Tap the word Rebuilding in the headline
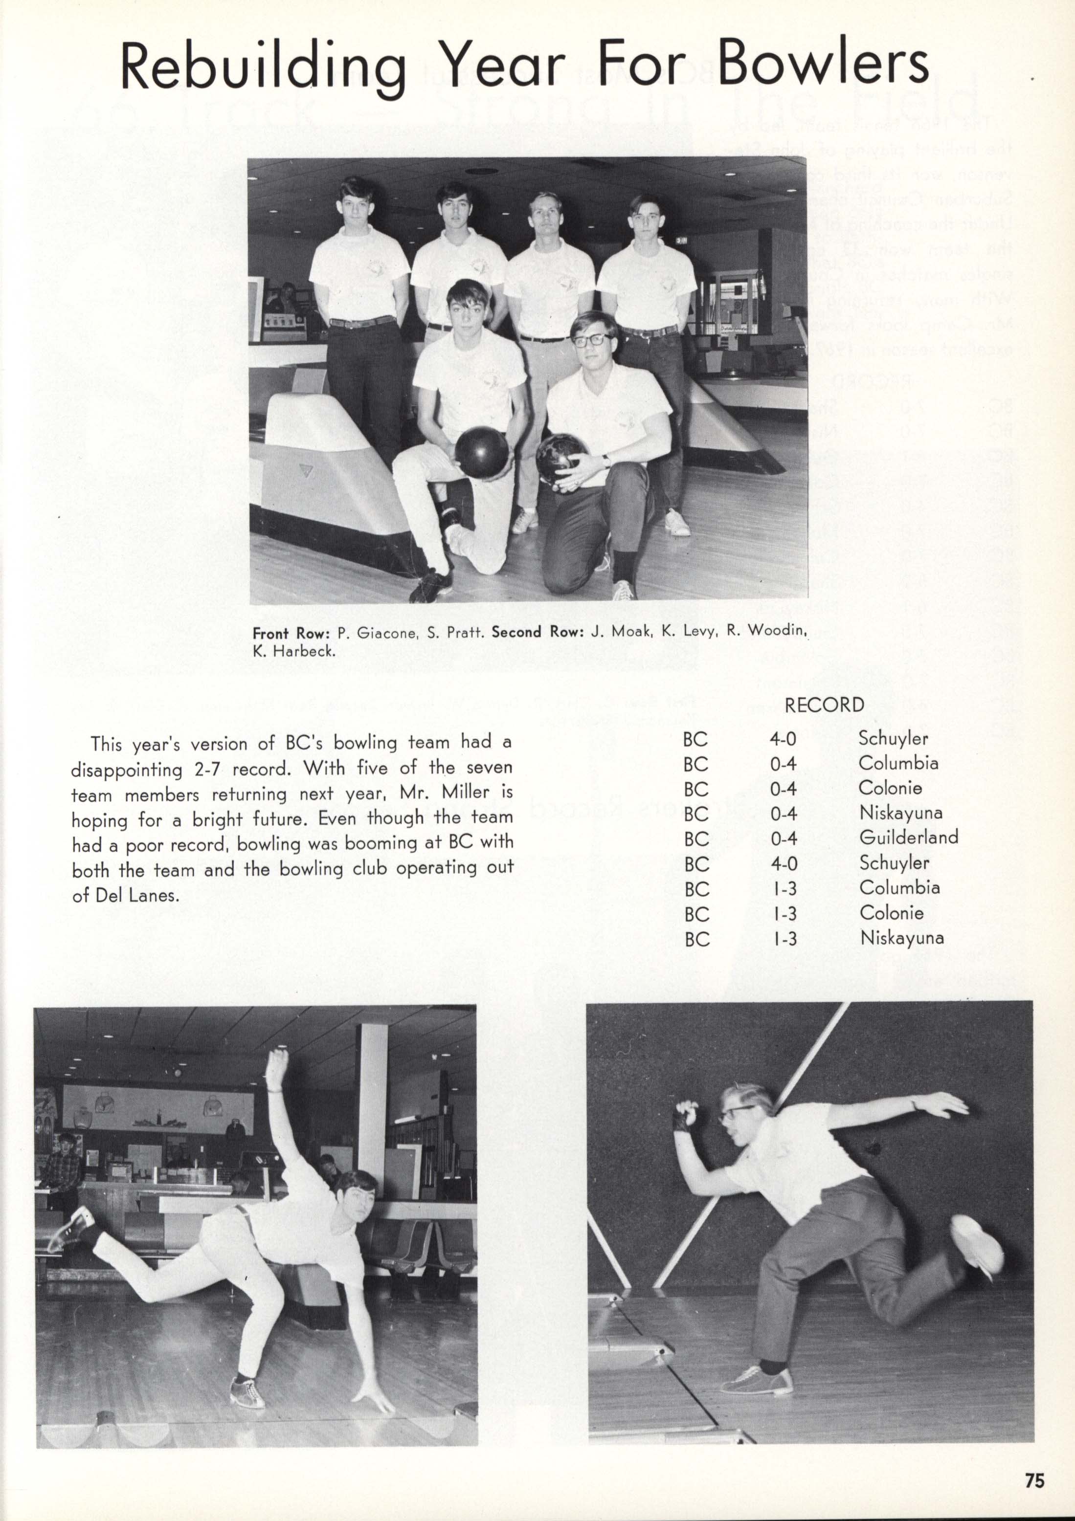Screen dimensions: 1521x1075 point(263,68)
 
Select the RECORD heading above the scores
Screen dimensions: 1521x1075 point(824,705)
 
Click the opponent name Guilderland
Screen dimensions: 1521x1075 point(909,838)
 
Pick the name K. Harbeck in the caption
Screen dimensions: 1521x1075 point(293,651)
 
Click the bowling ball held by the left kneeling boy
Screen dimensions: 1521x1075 point(482,451)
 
